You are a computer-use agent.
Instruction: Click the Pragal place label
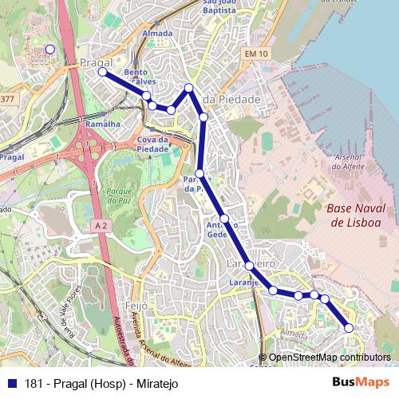click(95, 61)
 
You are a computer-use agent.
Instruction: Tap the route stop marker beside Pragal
click(102, 73)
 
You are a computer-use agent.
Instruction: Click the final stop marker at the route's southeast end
click(349, 328)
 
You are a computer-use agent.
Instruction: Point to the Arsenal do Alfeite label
click(347, 162)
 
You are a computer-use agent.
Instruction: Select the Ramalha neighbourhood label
click(102, 124)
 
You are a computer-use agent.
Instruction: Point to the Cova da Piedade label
click(152, 144)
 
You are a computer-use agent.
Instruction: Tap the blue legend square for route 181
click(10, 383)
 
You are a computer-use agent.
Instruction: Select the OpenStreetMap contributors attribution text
click(330, 358)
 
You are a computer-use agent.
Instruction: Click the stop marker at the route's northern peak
click(189, 88)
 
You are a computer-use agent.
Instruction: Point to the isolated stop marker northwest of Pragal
click(49, 49)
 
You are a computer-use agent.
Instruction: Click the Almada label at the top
click(156, 34)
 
